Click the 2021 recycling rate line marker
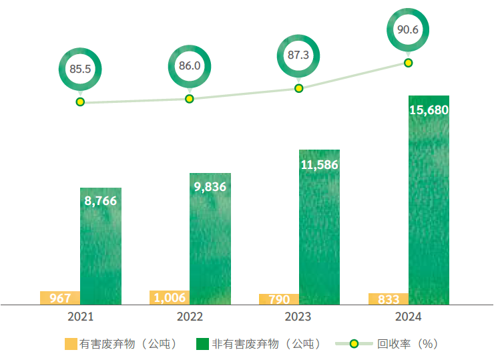tap(80, 102)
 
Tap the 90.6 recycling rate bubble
tap(408, 29)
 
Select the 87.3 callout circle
tap(298, 55)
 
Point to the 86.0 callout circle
tap(189, 66)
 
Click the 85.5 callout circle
tap(80, 69)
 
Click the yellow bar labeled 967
tap(60, 298)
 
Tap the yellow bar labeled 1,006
tap(169, 297)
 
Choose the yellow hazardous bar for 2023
tap(278, 299)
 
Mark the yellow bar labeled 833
tap(388, 299)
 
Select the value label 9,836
tap(210, 187)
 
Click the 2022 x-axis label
tap(190, 317)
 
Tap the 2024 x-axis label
tap(408, 317)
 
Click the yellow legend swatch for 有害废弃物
tap(71, 344)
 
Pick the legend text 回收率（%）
tap(407, 344)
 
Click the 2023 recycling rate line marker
tap(298, 88)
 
